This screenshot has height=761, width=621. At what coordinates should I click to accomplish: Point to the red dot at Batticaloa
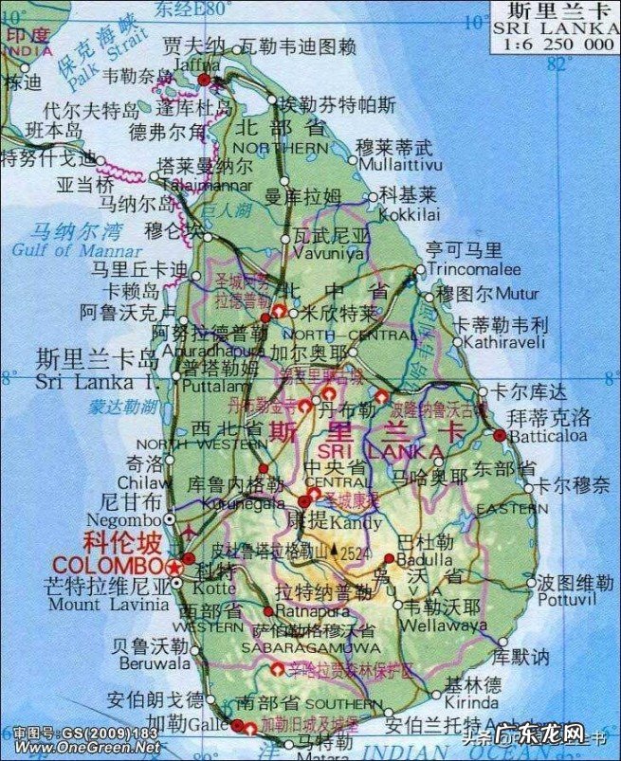[500, 435]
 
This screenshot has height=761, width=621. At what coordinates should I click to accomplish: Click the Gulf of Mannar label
[53, 250]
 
